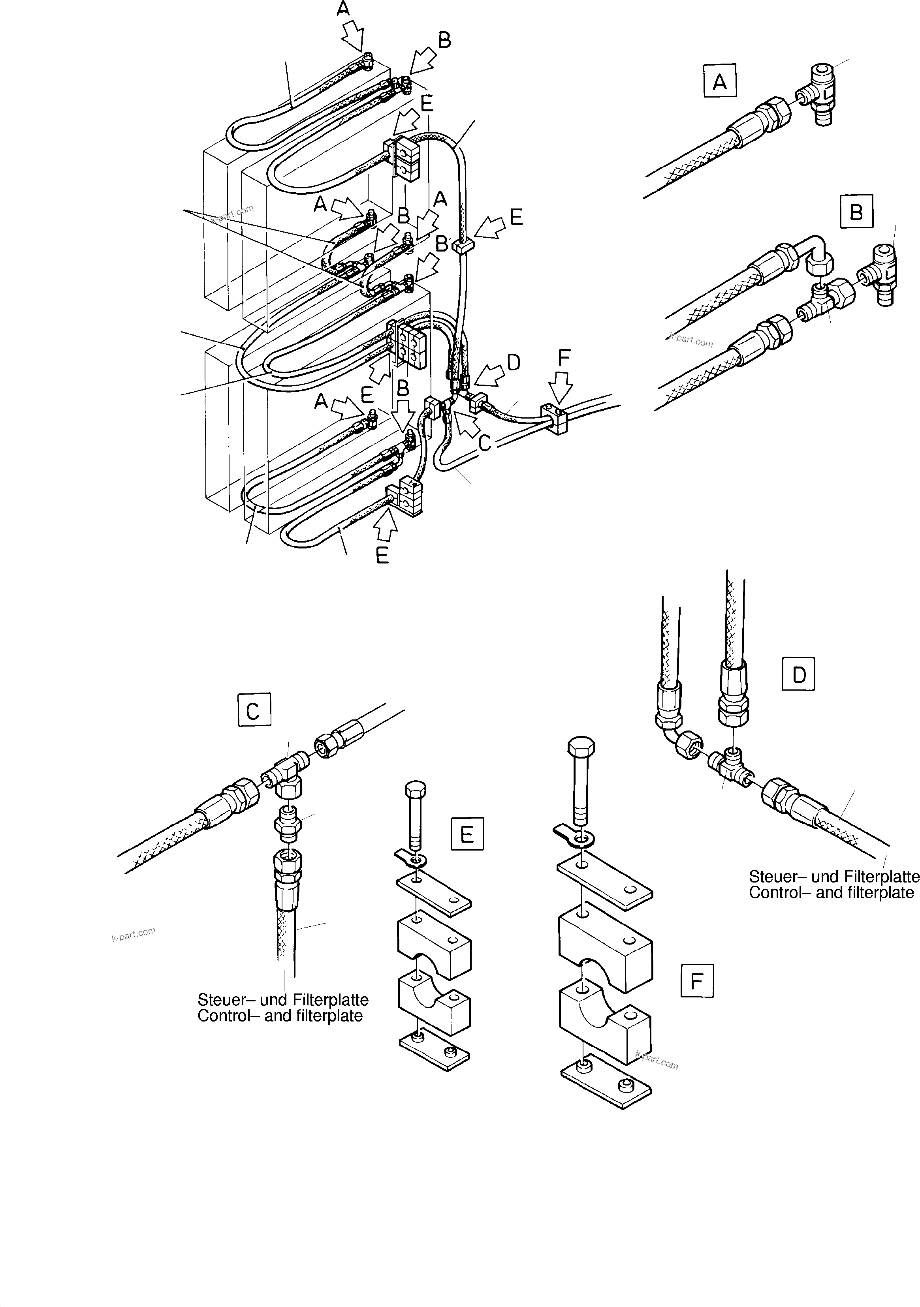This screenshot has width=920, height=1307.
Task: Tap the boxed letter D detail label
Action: point(799,674)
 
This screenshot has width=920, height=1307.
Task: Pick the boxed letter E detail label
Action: point(467,834)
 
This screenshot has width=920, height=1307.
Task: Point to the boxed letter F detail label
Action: point(697,980)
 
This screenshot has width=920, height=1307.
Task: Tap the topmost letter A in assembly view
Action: point(343,9)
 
